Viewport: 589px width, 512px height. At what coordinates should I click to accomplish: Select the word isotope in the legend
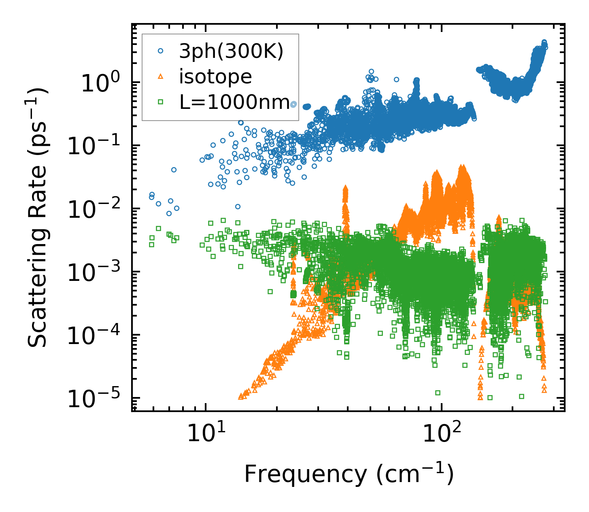point(215,77)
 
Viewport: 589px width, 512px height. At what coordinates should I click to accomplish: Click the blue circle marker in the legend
point(161,51)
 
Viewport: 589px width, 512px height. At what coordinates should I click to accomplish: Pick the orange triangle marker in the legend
point(161,77)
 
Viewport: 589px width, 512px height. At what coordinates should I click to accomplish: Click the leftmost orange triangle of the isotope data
point(241,397)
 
